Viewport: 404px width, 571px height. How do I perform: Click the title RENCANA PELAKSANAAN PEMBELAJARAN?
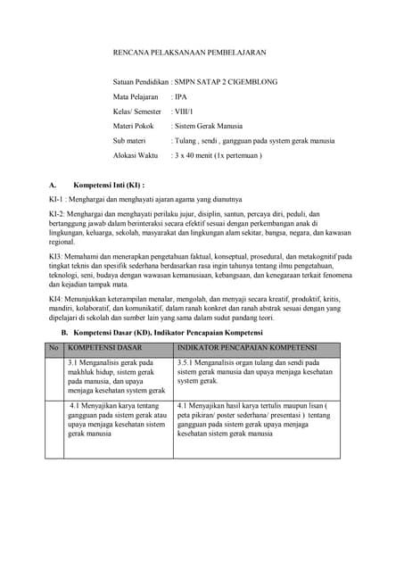coord(189,54)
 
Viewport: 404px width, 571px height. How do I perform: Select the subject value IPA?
coord(181,96)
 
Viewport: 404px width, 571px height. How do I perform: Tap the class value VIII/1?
coord(185,112)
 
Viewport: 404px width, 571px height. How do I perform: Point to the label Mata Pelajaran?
coord(136,96)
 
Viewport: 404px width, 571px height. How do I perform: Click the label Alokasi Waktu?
coord(135,155)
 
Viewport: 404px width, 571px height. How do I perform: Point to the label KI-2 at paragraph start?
coord(57,217)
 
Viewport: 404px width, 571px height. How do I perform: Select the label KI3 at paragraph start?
coord(56,257)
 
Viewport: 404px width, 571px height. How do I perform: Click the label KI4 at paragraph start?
coord(56,298)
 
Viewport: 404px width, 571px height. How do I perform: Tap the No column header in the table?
coord(54,347)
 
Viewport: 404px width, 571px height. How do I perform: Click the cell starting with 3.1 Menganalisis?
coord(117,377)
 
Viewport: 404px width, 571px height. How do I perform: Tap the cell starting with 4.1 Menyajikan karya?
coord(117,422)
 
